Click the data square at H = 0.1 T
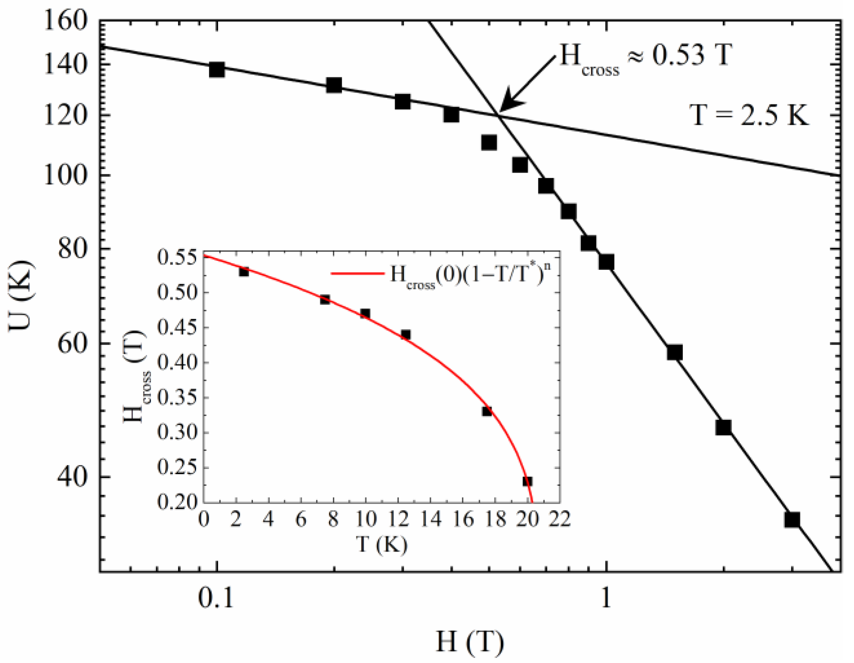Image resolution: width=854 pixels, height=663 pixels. [217, 70]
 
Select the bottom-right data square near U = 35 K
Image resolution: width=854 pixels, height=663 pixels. [792, 519]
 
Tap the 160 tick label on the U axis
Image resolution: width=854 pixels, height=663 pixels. [66, 21]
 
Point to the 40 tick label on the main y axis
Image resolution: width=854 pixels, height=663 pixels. [72, 477]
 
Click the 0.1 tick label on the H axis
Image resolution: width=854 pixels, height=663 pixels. [216, 598]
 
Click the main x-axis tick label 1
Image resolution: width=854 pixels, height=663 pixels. [605, 598]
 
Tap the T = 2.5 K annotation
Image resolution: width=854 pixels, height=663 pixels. [749, 115]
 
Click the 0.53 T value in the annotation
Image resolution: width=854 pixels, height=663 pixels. [691, 55]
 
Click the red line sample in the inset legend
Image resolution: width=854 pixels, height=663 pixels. [357, 273]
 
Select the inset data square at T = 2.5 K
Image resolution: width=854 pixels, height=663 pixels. [244, 271]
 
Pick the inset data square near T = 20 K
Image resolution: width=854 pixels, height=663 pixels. [527, 481]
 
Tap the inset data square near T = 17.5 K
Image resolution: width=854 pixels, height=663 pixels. [487, 411]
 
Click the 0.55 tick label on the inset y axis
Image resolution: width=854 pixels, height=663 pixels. [177, 257]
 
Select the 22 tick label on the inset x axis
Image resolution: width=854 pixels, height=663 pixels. [560, 519]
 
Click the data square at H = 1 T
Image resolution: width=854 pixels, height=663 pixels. [606, 262]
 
